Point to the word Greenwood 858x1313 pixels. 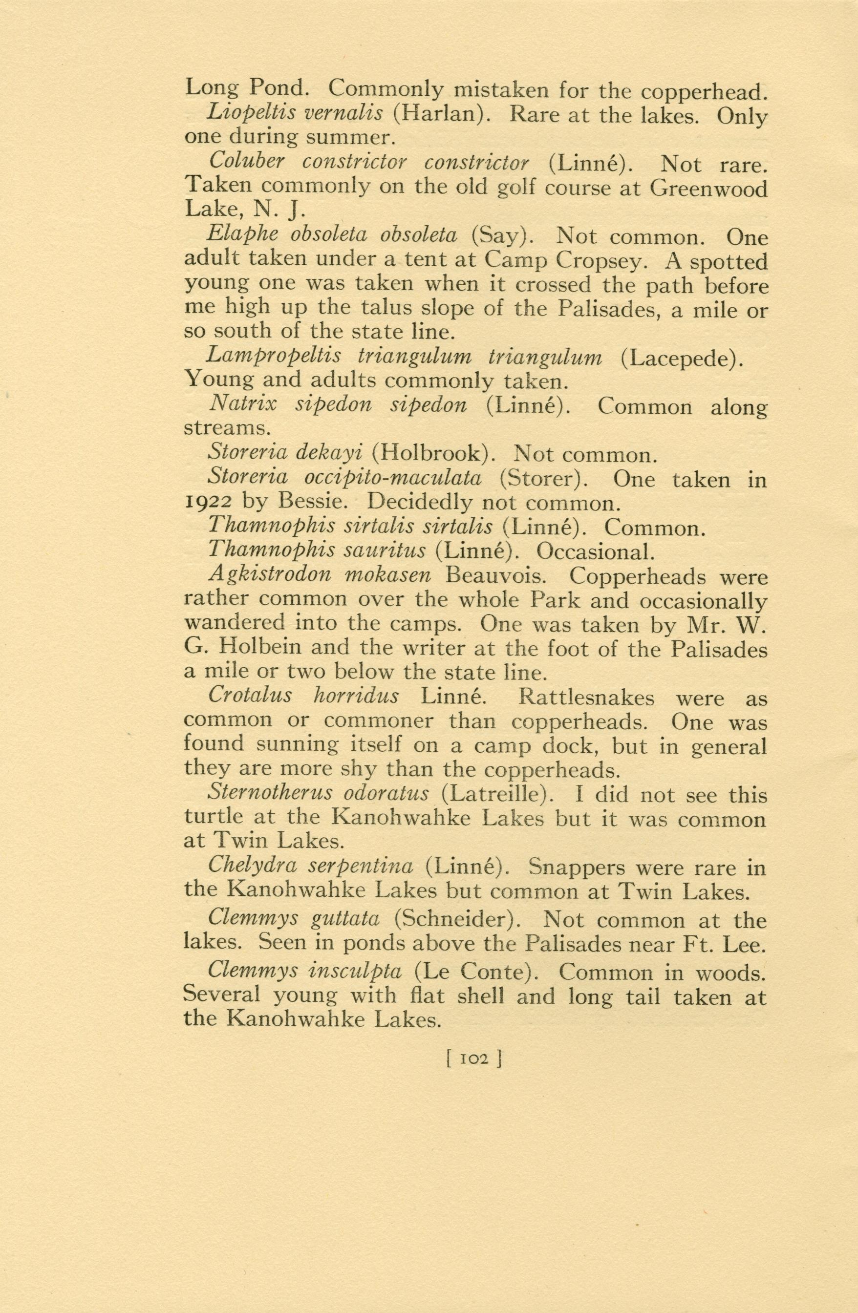click(708, 189)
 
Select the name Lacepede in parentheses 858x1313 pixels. click(680, 359)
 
